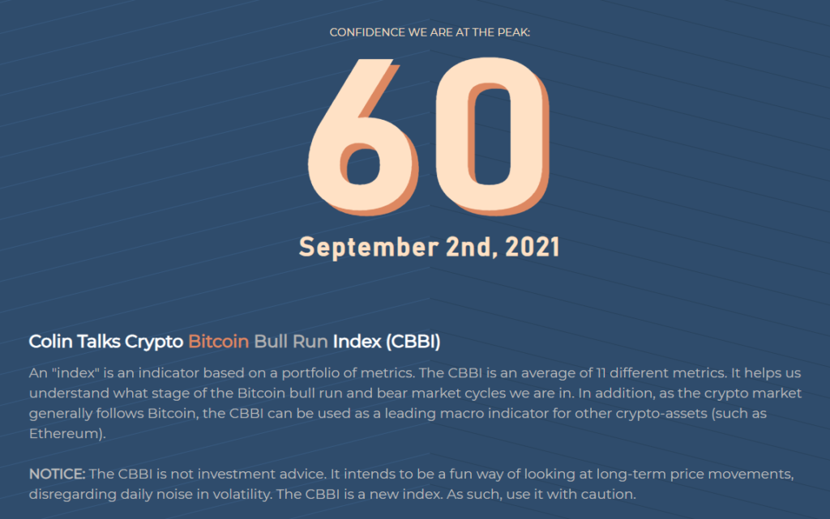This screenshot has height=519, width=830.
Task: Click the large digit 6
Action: [363, 138]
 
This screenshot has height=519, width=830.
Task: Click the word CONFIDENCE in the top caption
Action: [367, 32]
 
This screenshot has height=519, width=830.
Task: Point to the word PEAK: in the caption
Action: [512, 32]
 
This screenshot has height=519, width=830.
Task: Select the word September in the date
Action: [369, 248]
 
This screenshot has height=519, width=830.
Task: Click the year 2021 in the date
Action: [533, 247]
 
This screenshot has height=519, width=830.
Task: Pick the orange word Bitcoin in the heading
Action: [218, 342]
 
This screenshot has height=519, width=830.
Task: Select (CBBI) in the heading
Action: [413, 342]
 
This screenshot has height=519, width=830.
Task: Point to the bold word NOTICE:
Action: [58, 474]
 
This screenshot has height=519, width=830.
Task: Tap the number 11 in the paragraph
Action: [601, 373]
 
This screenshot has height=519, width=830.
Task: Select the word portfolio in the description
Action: [310, 373]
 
